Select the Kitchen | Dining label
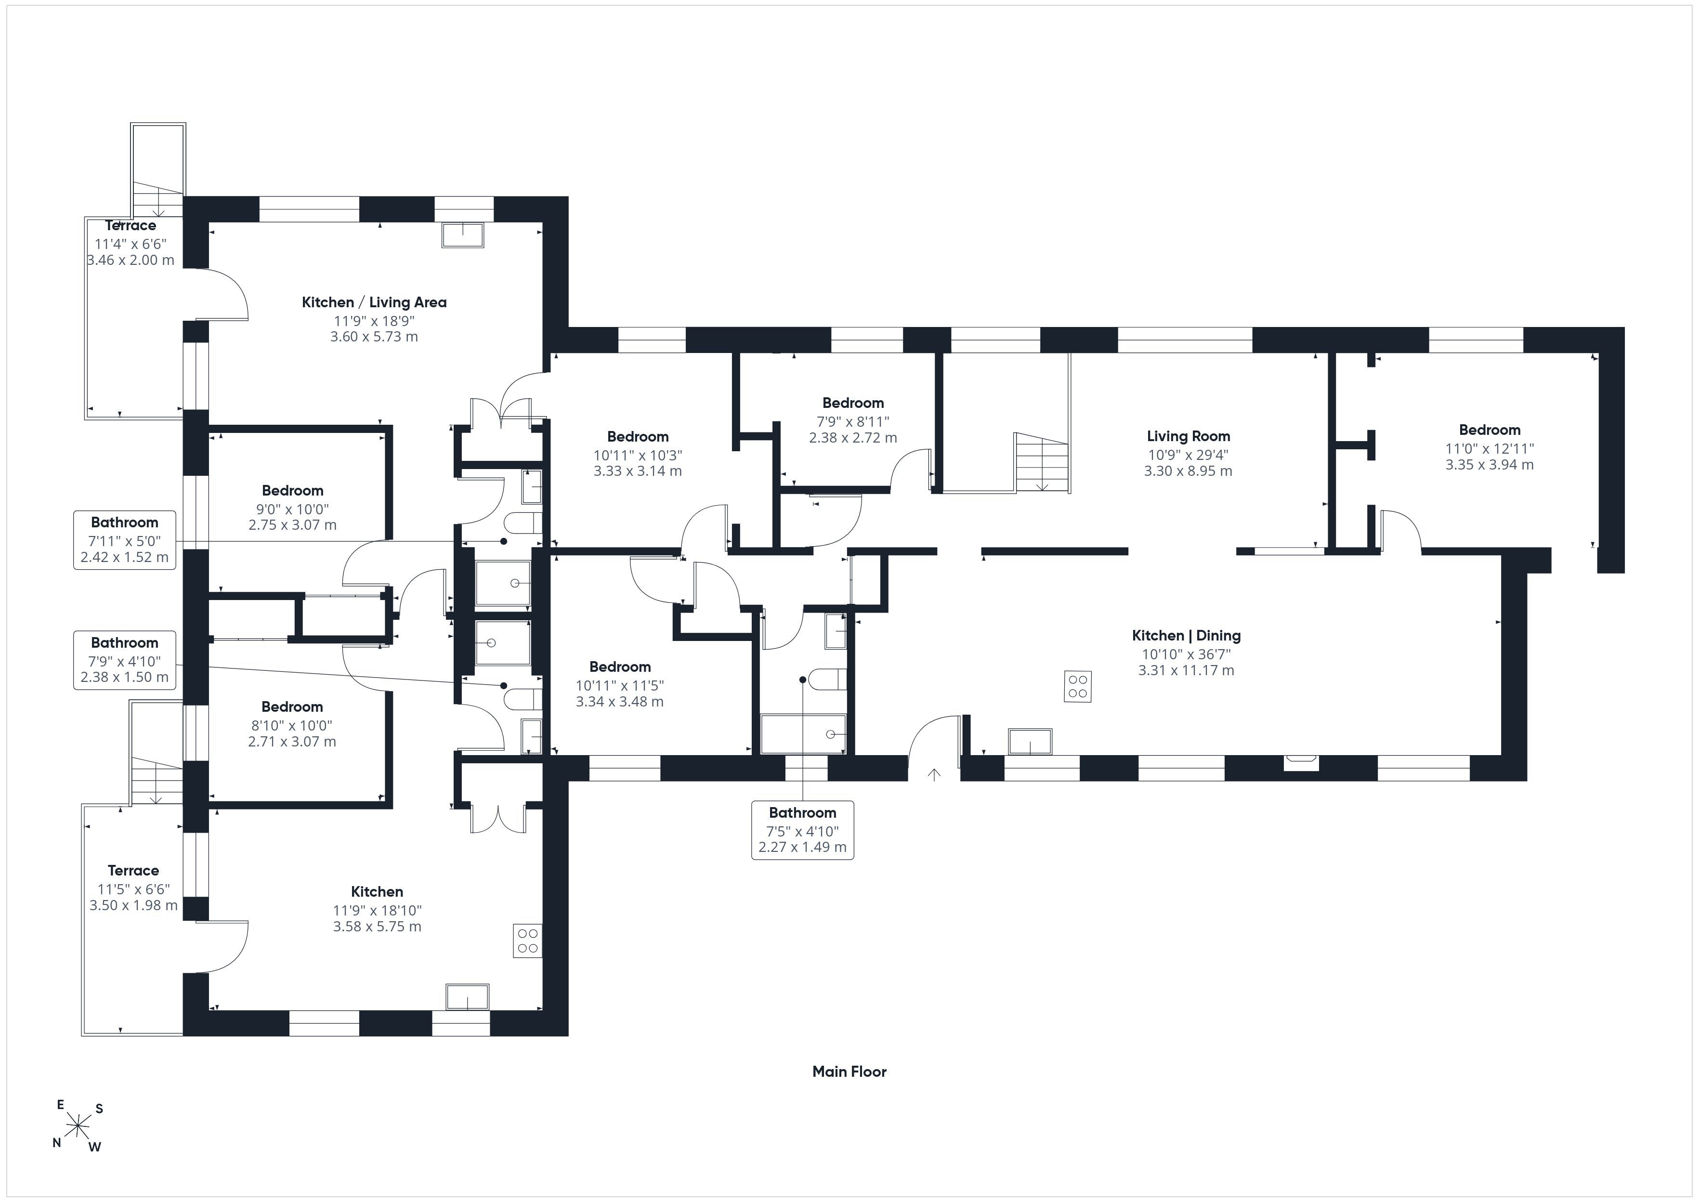(1186, 636)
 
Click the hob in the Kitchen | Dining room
(1077, 686)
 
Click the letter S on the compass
(99, 1109)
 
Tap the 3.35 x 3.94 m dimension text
(1489, 465)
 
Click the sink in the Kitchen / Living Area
(463, 235)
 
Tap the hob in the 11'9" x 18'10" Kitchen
(528, 941)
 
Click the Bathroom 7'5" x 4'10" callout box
(802, 830)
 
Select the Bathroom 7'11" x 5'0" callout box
(124, 539)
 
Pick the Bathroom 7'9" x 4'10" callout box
(124, 660)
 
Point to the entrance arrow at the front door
(934, 774)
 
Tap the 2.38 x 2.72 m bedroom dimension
(852, 437)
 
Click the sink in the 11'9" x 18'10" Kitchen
(467, 996)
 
